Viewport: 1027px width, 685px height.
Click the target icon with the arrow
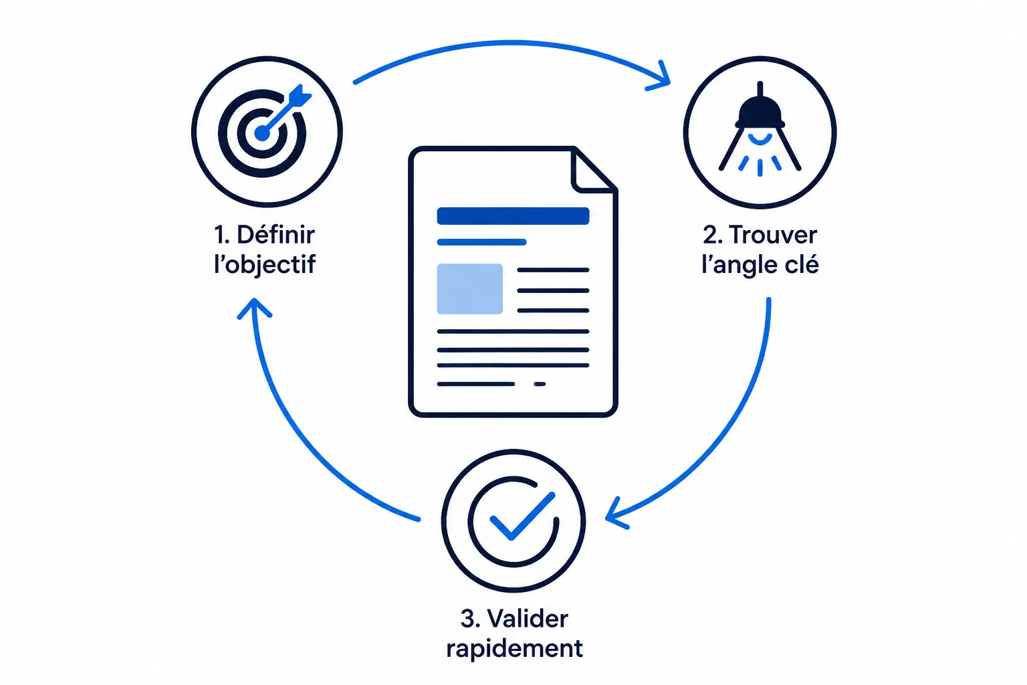point(264,132)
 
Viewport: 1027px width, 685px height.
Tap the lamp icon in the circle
point(760,129)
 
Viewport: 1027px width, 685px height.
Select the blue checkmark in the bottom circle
point(522,516)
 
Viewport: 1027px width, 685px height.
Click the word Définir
point(275,235)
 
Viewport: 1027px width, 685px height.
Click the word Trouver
point(772,235)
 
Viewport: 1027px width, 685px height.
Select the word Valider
point(528,619)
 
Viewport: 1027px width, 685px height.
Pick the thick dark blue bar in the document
point(513,215)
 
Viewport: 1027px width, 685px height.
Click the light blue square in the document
point(469,288)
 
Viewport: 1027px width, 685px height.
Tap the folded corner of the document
point(593,170)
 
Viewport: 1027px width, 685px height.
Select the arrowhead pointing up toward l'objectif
point(255,308)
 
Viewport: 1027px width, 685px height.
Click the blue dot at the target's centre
point(262,133)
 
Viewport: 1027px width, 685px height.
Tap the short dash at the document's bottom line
point(540,384)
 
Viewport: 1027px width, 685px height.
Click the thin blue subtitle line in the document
point(481,241)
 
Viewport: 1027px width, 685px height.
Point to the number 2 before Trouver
point(711,235)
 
